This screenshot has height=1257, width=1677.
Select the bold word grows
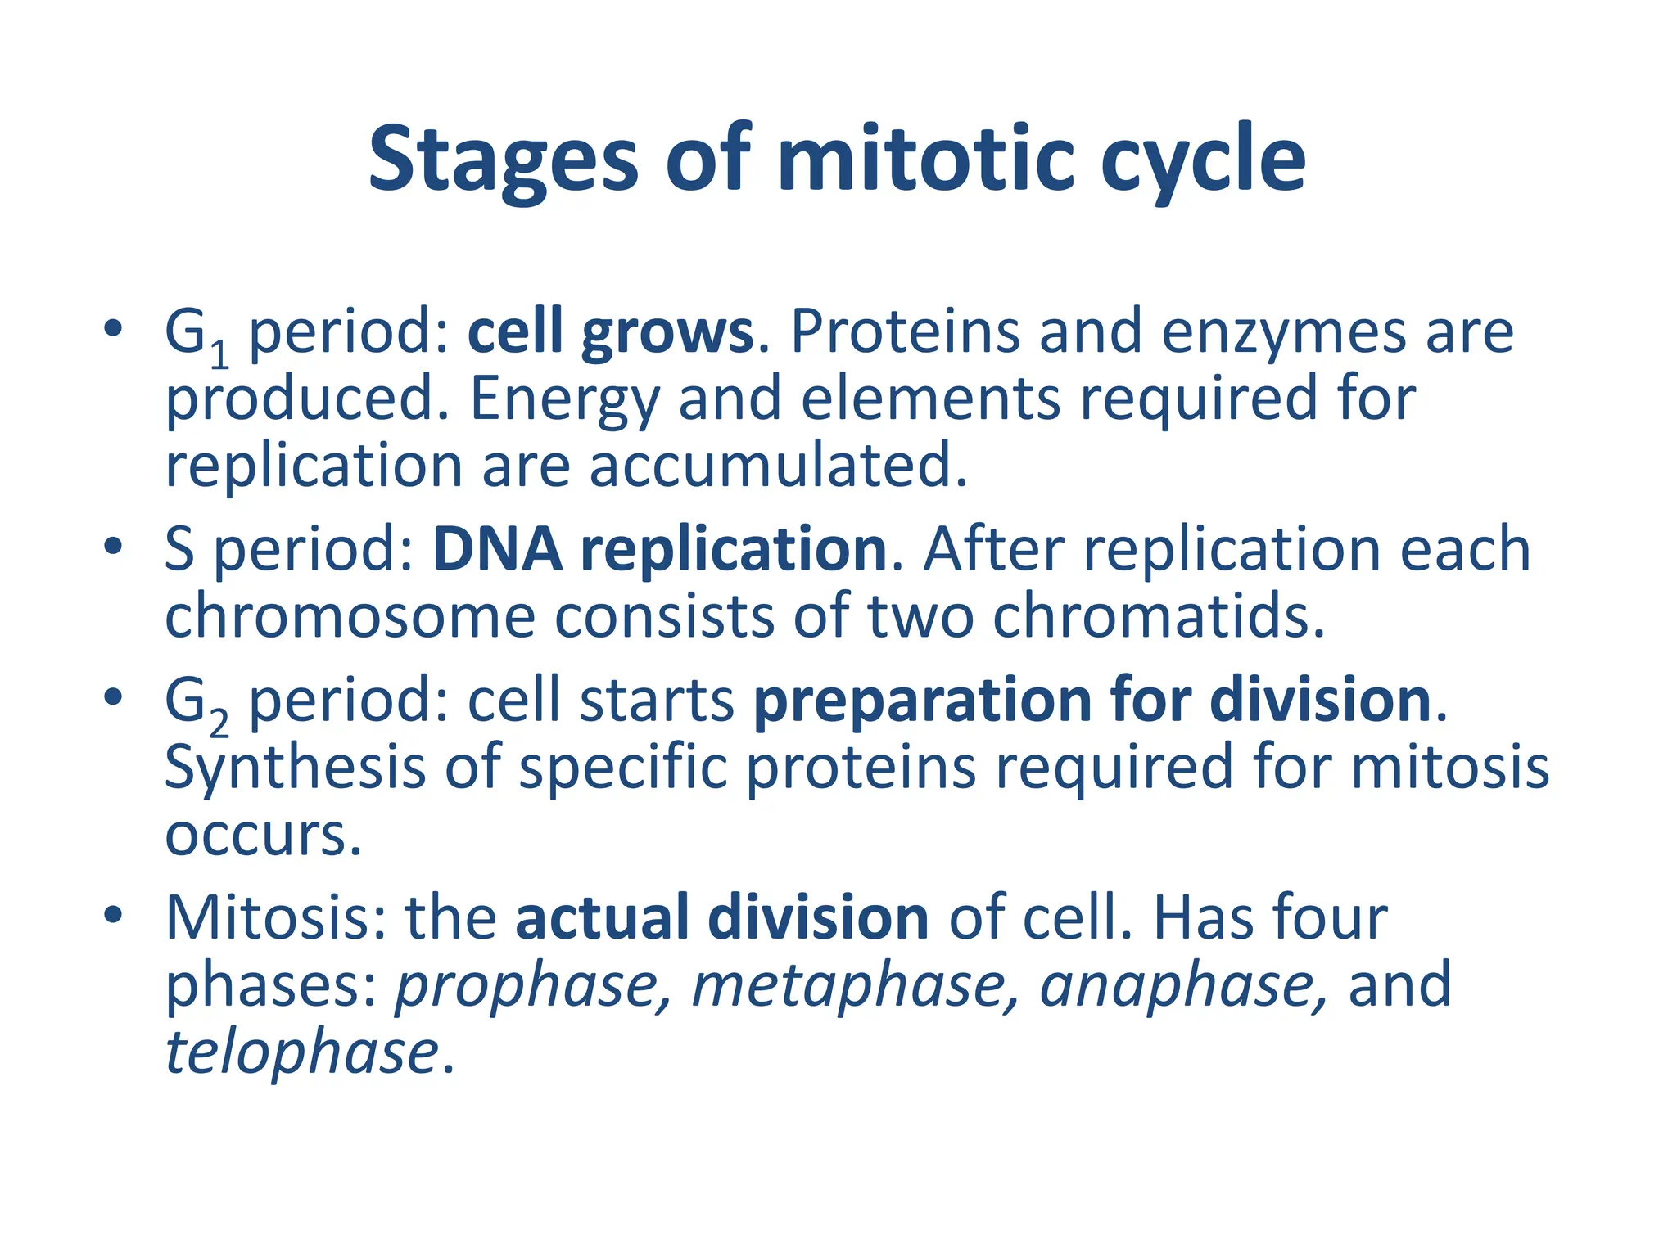coord(667,333)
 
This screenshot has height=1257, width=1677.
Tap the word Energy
coord(564,400)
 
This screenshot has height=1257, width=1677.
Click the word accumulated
coord(778,466)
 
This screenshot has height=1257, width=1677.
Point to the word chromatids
coord(1158,616)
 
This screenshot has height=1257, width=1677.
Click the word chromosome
coord(350,616)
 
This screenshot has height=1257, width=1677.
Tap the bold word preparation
coord(922,701)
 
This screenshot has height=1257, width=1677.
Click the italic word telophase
coord(301,1053)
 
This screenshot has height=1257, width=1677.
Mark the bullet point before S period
coord(113,546)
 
